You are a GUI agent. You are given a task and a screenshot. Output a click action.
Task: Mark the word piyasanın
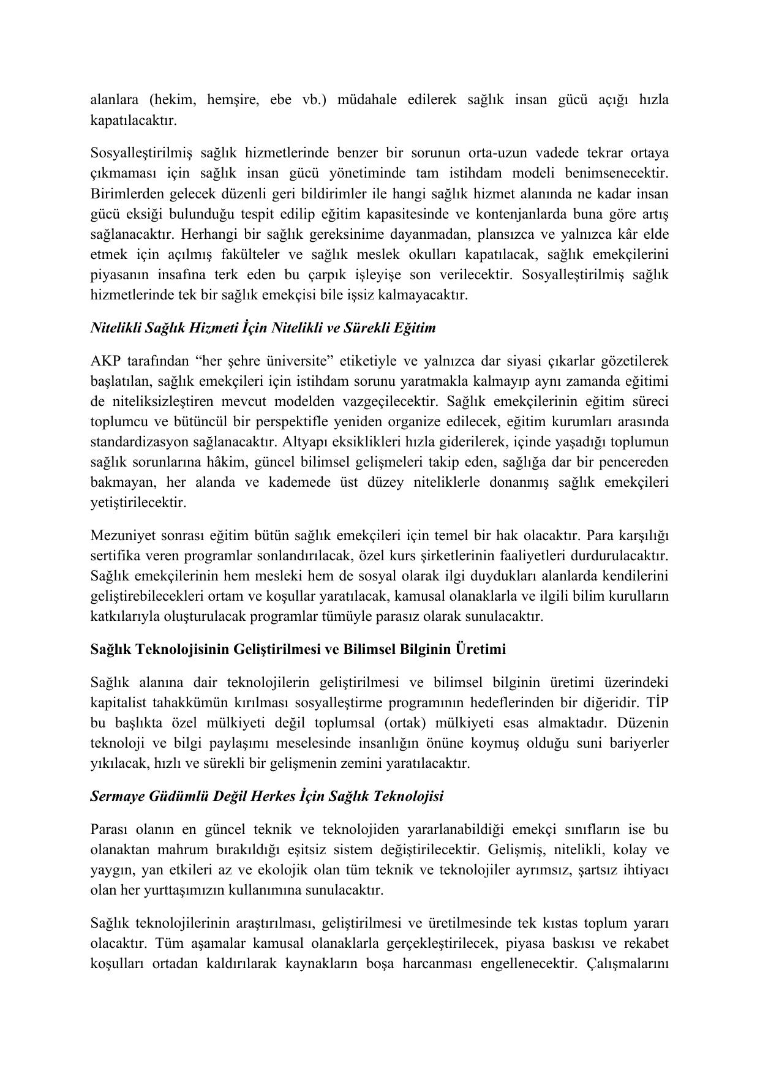click(120, 275)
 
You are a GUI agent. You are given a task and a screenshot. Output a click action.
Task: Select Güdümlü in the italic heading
click(175, 797)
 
